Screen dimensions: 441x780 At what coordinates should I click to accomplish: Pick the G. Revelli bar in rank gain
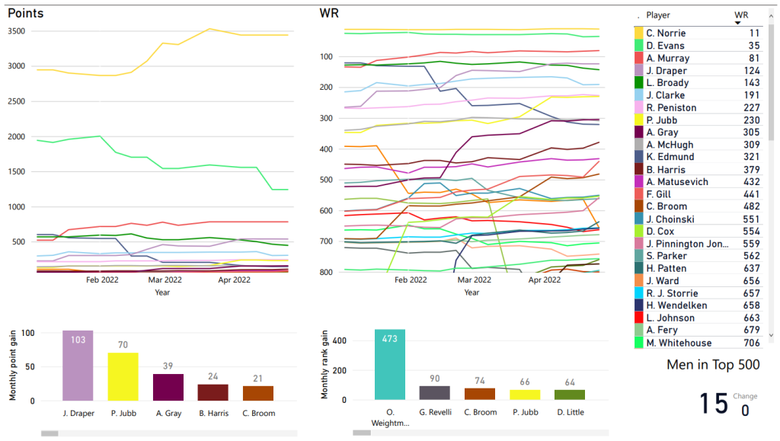tap(435, 392)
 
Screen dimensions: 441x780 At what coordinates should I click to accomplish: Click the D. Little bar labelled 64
tap(570, 395)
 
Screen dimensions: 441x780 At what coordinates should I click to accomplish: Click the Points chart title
tap(25, 14)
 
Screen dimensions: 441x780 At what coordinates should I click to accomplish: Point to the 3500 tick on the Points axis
tap(18, 31)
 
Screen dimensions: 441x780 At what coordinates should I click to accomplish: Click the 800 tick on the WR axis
tap(327, 272)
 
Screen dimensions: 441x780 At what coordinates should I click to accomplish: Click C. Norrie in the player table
tap(666, 34)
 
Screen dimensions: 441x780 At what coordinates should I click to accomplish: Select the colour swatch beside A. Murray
tap(639, 58)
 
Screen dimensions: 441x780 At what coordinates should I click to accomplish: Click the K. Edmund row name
tap(670, 158)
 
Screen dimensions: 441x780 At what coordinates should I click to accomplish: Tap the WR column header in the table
tap(741, 15)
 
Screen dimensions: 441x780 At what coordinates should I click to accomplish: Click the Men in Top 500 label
tap(713, 365)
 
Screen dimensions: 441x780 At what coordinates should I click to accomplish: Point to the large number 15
tap(714, 404)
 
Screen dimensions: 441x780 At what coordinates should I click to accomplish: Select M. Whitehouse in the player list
tap(679, 344)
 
